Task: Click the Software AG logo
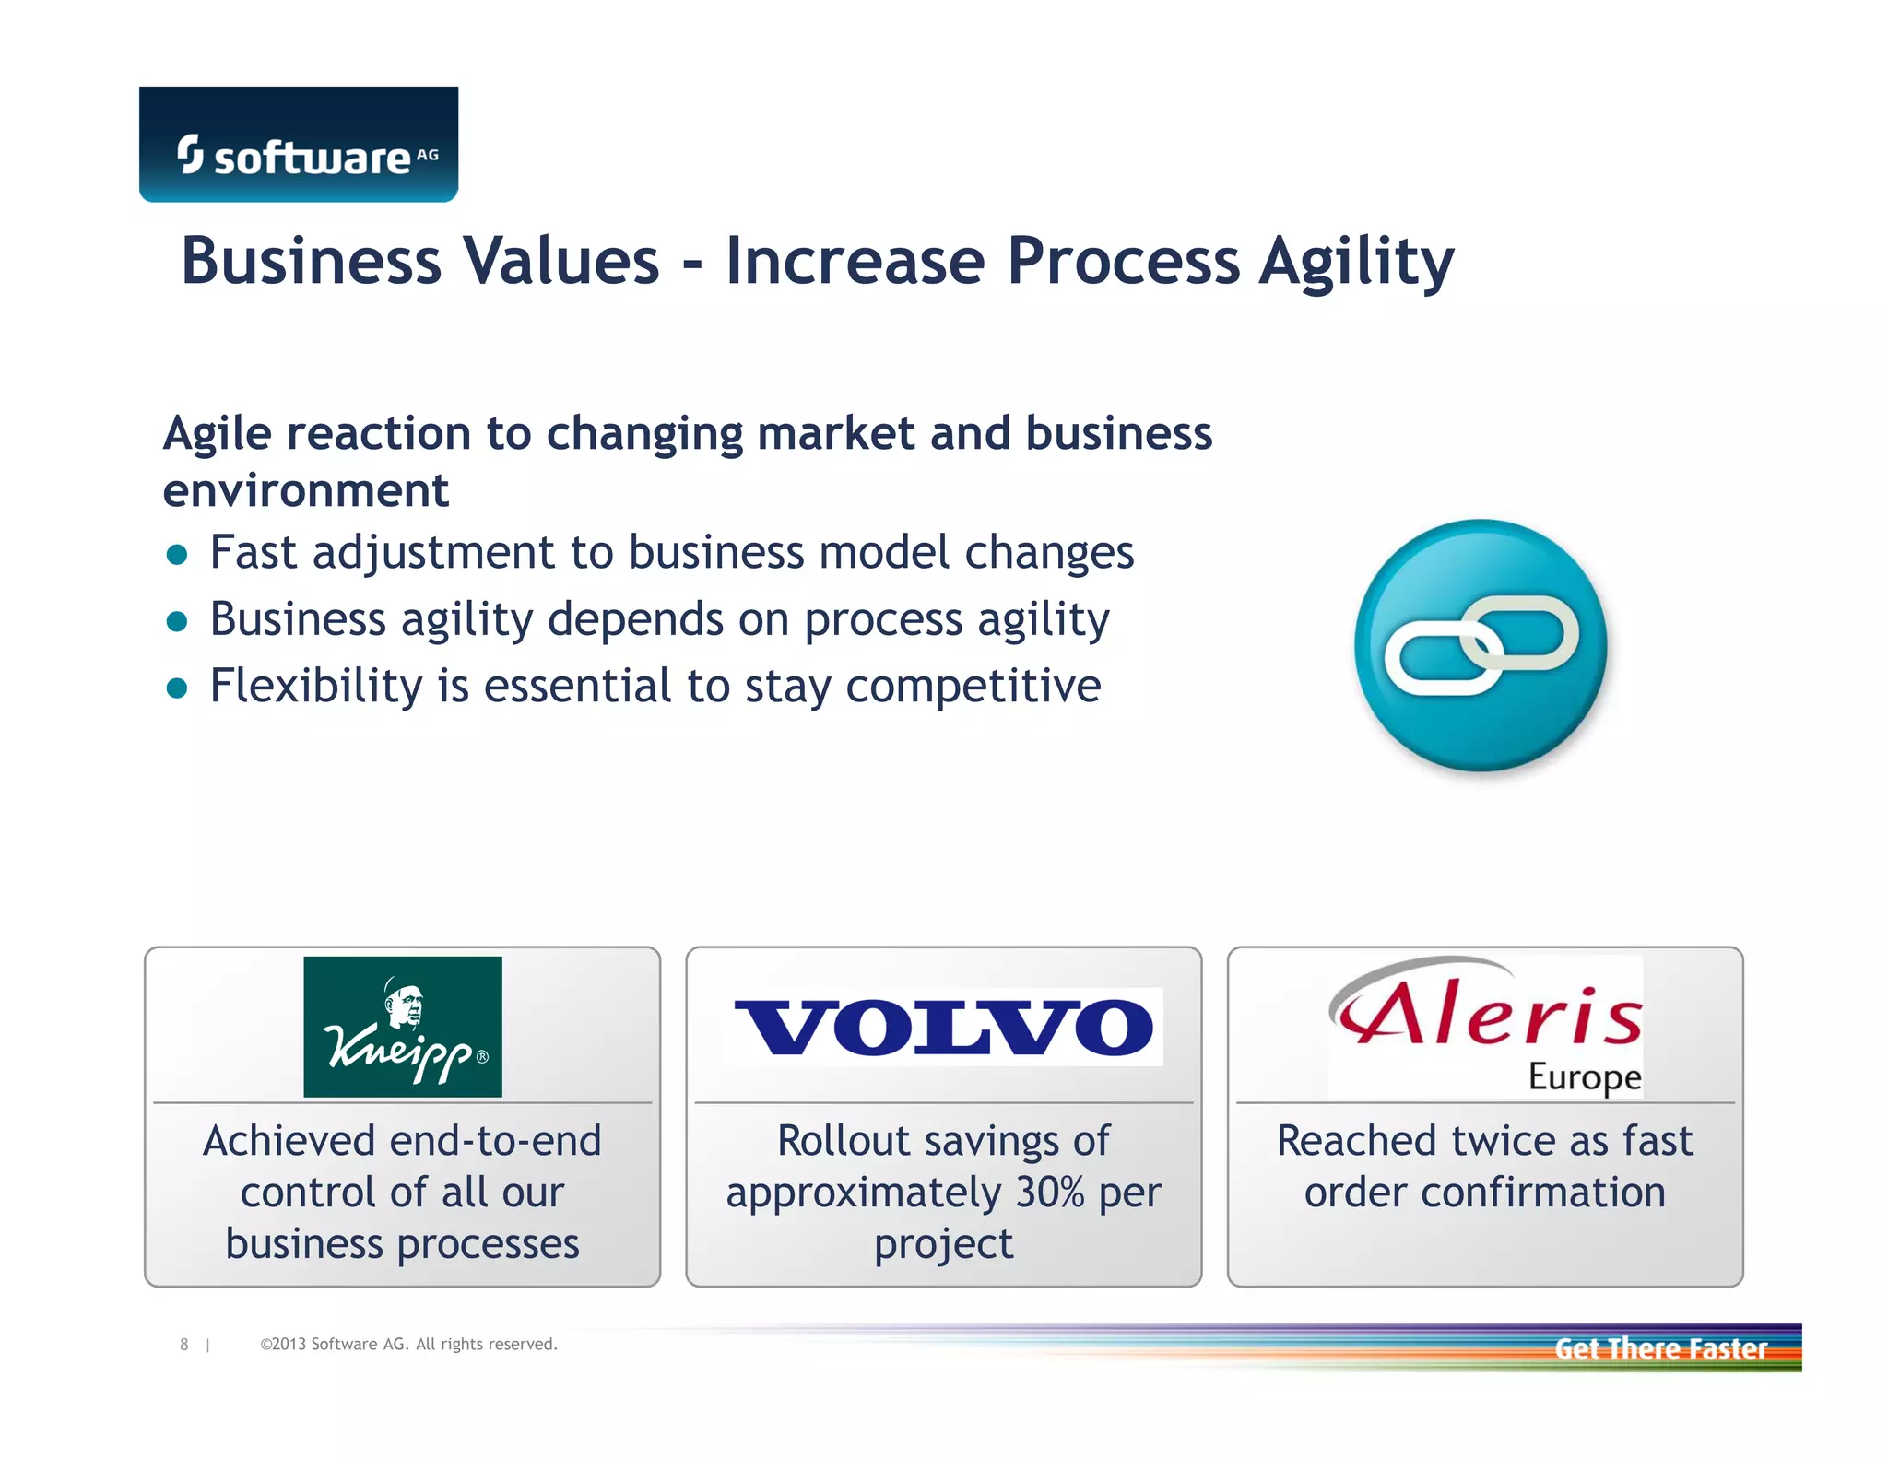coord(299,146)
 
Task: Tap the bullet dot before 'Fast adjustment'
coord(177,555)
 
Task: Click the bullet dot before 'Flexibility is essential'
coord(177,688)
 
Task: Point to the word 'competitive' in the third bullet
coord(973,687)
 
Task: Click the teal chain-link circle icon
coord(1481,645)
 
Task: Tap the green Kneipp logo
coord(403,1027)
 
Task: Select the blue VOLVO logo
coord(944,1027)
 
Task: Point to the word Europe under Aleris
coord(1585,1076)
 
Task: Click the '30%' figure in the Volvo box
coord(1049,1193)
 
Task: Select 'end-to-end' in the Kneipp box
coord(495,1141)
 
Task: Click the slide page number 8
coord(184,1345)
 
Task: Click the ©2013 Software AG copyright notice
coord(408,1345)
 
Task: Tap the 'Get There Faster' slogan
coord(1660,1349)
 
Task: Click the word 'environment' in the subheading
coord(306,490)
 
